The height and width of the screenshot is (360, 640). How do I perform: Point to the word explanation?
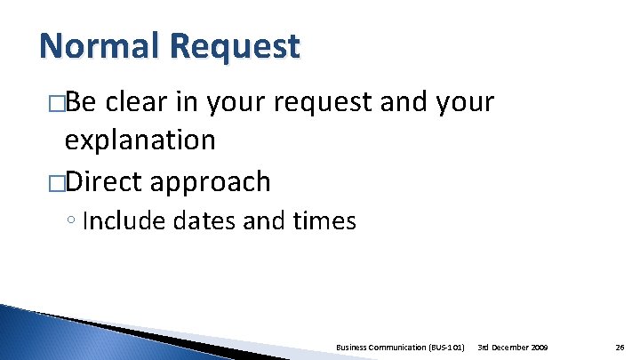click(140, 140)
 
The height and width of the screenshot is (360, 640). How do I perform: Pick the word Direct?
click(103, 181)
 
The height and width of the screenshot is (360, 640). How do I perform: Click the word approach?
click(211, 183)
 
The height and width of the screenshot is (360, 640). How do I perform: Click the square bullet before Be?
click(57, 103)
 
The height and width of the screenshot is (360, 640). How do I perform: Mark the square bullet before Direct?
click(57, 182)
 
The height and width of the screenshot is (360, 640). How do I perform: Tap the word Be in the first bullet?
click(82, 102)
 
